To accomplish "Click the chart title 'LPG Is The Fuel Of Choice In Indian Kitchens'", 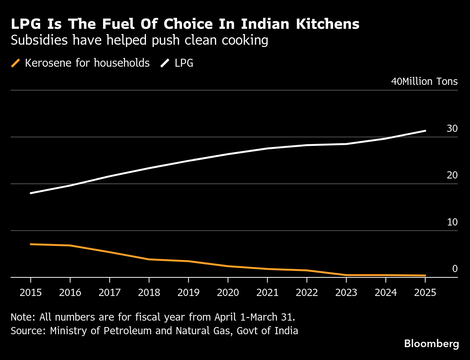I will point(185,24).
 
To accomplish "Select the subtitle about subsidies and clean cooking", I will point(139,40).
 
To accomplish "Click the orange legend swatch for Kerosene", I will point(16,63).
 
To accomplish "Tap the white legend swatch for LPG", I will point(165,63).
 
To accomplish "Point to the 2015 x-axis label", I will point(30,293).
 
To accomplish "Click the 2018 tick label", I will point(149,293).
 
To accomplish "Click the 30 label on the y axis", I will point(452,129).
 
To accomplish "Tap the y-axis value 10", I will point(452,222).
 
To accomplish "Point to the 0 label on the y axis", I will point(455,269).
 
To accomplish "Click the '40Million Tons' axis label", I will point(424,82).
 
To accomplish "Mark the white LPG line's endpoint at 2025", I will point(425,131).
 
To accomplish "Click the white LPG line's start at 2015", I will point(31,193).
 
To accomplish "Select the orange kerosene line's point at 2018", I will point(149,259).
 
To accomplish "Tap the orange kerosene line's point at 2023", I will point(346,275).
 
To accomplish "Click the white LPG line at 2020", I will point(228,154).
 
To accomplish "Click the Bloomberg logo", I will point(431,344).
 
